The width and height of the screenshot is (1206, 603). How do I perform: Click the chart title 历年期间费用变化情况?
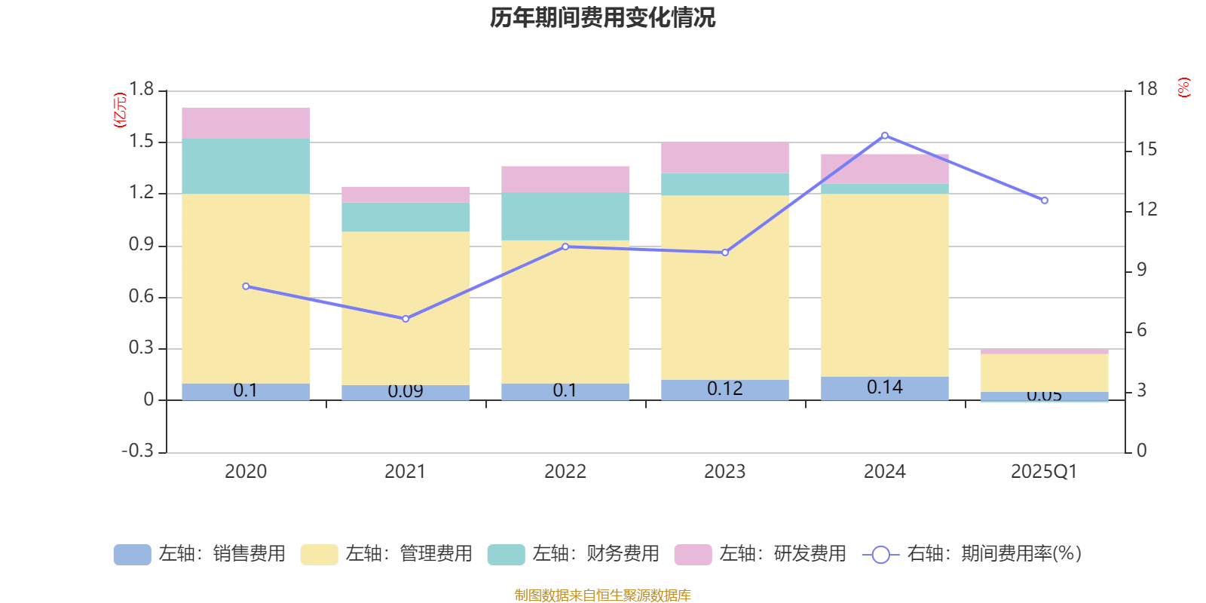(602, 17)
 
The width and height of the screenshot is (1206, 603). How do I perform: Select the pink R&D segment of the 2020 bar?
(246, 123)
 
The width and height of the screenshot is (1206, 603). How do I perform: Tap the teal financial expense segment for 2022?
(565, 216)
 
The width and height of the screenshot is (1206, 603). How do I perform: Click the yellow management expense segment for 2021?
(406, 308)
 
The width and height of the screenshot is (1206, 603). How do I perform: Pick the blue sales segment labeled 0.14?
(885, 387)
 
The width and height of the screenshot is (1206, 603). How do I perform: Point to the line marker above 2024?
(885, 136)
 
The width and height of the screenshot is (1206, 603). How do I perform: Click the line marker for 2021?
(406, 319)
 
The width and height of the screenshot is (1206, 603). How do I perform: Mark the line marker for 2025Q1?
(1045, 200)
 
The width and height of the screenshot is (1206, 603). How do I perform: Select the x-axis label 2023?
(724, 472)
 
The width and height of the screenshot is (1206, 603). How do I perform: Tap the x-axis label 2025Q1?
(1044, 472)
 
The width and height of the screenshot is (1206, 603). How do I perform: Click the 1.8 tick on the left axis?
(141, 90)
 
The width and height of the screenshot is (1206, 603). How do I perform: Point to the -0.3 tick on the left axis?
(137, 451)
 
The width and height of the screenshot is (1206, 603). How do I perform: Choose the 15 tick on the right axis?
(1147, 149)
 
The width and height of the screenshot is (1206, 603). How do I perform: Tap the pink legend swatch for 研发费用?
(693, 555)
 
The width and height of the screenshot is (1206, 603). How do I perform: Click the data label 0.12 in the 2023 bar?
(724, 389)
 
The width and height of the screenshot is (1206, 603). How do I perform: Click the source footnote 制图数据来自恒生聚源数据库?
(602, 595)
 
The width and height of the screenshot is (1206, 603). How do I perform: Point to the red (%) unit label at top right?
(1184, 87)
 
